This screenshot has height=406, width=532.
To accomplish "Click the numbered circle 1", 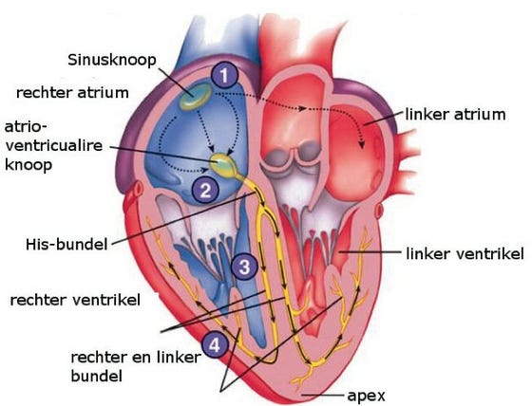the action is click(224, 76).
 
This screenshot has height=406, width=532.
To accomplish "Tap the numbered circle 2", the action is click(205, 190).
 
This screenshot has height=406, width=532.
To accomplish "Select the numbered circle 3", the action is click(245, 267).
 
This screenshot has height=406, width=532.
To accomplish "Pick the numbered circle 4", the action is click(215, 346).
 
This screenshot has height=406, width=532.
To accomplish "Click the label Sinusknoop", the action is click(112, 61).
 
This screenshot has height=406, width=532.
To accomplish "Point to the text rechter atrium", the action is click(72, 93).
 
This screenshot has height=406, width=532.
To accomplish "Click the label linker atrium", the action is click(456, 114).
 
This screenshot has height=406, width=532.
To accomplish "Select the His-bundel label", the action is click(66, 244).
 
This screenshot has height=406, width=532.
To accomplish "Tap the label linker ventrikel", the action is click(465, 253).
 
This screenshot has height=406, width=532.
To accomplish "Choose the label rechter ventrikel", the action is click(75, 301).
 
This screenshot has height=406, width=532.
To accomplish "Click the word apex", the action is click(366, 396).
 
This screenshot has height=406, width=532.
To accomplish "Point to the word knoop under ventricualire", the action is click(28, 165).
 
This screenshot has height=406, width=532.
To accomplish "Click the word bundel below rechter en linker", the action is click(97, 376).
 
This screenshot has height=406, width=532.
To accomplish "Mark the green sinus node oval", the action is click(196, 97).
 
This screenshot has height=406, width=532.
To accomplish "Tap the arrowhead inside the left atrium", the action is click(362, 145).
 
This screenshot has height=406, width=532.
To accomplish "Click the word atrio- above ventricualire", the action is click(26, 127).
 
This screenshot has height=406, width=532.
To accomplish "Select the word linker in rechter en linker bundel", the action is click(180, 358).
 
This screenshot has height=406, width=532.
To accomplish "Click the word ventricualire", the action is click(54, 146).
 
